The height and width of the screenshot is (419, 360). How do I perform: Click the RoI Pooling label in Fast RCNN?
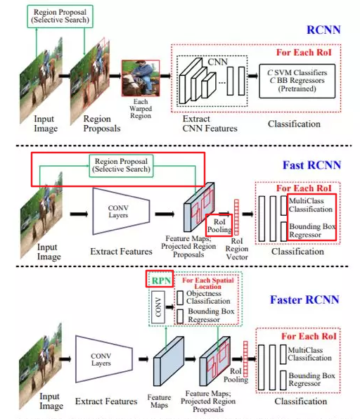218,226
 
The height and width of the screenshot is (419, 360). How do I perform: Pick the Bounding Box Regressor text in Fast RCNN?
311,229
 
